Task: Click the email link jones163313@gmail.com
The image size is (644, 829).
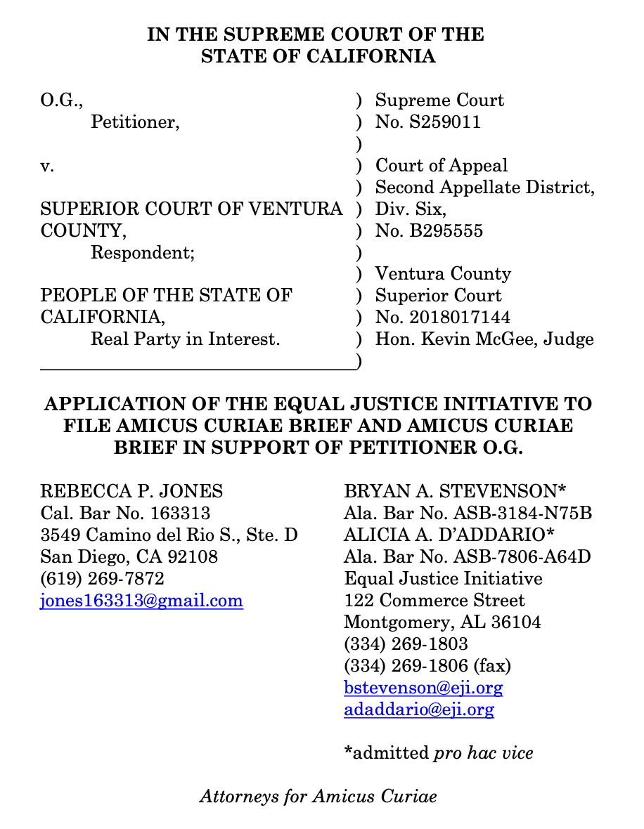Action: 141,601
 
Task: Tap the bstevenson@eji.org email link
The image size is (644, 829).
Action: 423,687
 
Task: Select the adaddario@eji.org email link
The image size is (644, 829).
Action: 419,709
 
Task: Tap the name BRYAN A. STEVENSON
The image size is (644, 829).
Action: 452,491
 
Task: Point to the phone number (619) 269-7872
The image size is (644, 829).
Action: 103,579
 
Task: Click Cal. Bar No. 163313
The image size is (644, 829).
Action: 125,513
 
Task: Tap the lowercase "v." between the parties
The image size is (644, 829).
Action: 47,166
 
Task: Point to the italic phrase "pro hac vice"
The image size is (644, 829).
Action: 483,753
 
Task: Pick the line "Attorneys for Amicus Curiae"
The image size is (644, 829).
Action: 318,796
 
